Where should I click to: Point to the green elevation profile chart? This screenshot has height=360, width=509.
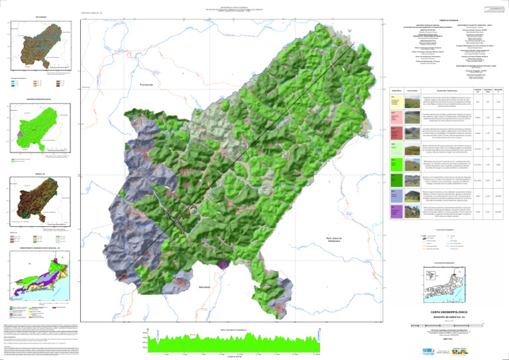tap(233, 344)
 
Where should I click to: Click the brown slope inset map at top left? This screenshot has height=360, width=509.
tap(41, 46)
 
